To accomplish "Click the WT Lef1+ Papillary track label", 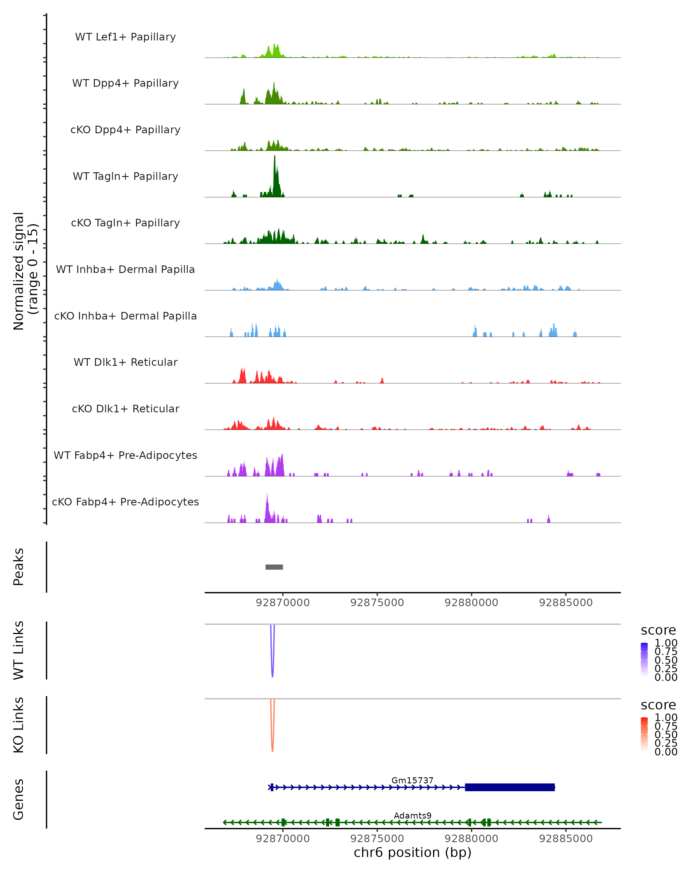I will [x=125, y=37].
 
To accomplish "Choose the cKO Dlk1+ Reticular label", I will [x=125, y=409].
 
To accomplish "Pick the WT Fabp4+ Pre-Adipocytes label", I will [x=125, y=455].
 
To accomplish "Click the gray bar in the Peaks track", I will [x=274, y=567].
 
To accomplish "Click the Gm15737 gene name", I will [x=412, y=780].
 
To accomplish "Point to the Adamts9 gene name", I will [x=412, y=815].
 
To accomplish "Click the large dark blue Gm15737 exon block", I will [x=510, y=787].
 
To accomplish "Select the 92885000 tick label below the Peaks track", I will [x=566, y=603].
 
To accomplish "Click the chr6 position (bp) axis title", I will [x=412, y=853].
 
